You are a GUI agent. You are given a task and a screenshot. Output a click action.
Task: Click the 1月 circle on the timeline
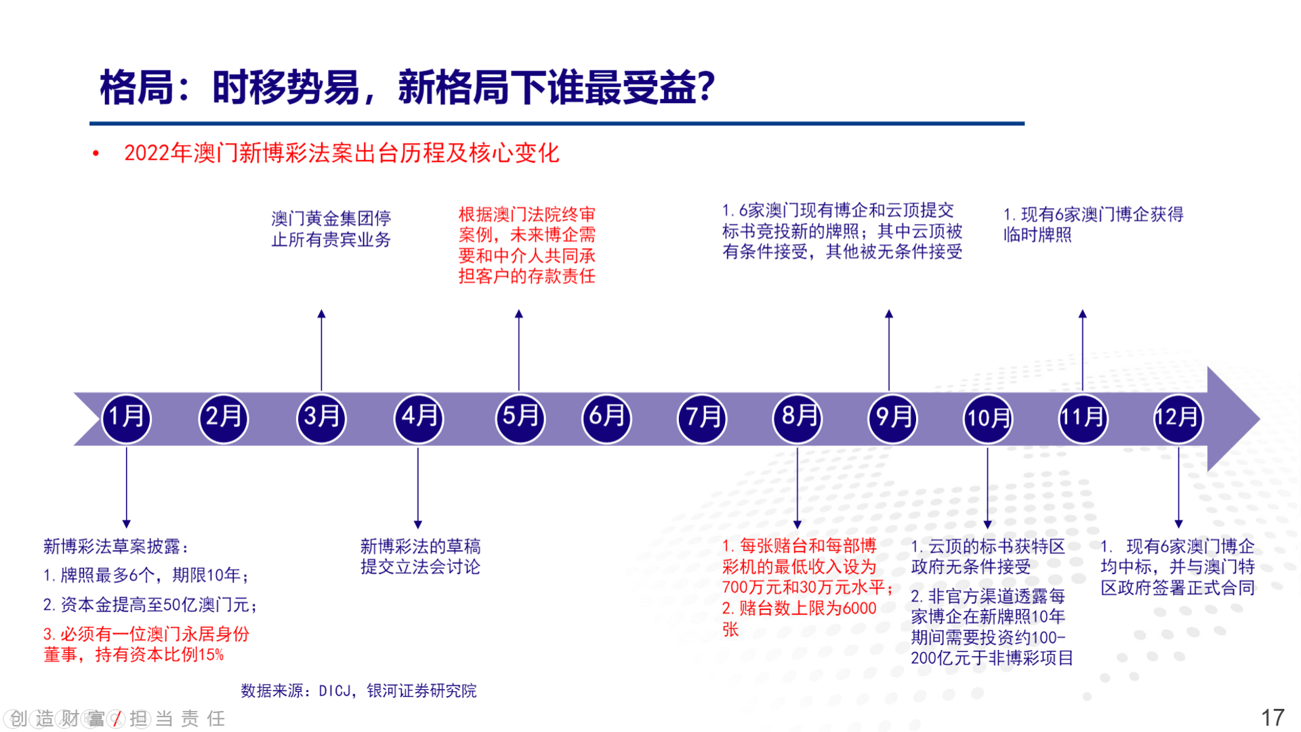pos(126,418)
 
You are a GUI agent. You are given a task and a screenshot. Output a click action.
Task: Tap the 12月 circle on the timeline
pos(1178,418)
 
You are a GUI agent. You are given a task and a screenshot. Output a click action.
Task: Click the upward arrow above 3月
pos(321,350)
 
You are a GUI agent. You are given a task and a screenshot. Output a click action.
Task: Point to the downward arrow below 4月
pos(417,488)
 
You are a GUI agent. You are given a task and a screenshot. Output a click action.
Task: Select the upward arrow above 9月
pos(889,350)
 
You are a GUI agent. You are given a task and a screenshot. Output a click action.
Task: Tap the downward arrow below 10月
pos(987,488)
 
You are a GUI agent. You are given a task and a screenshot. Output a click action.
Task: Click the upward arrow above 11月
pos(1083,350)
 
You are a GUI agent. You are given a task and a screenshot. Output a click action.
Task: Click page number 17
pos(1273,718)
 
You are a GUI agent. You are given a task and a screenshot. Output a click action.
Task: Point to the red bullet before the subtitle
pos(96,154)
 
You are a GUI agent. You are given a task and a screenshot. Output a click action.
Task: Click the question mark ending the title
pos(706,87)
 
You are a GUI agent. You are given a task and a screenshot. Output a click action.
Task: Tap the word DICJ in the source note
pos(335,691)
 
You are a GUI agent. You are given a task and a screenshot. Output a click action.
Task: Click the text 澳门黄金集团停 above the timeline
pos(331,218)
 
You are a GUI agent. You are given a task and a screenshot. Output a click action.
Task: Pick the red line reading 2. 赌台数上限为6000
pos(799,608)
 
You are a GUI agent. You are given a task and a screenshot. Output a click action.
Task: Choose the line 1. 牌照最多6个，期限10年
pos(146,575)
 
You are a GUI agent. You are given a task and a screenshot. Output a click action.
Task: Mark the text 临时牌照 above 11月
pos(1037,235)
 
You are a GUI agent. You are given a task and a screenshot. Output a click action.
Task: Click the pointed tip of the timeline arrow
pos(1260,419)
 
